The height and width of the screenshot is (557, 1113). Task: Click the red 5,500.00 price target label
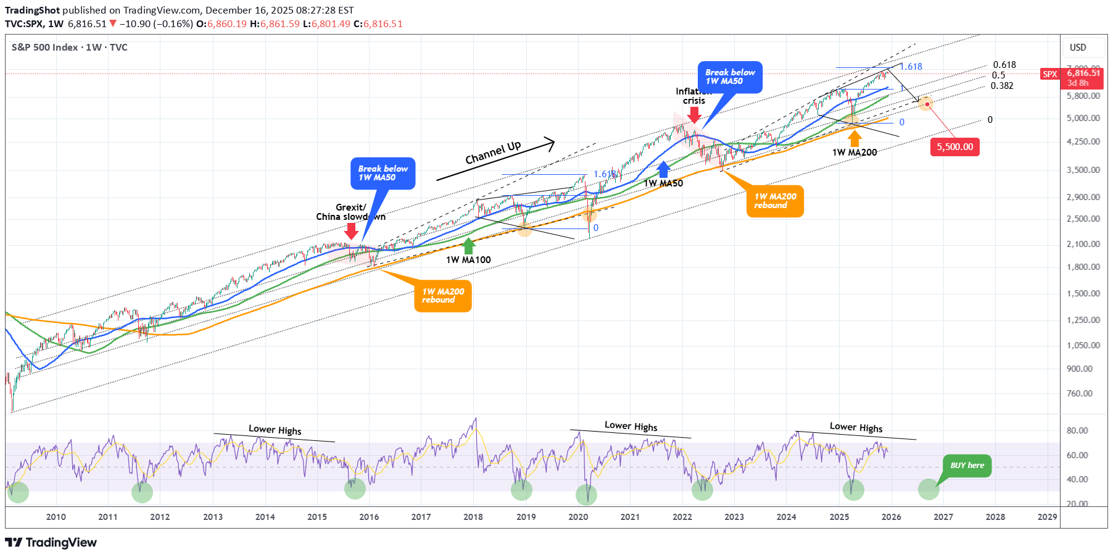(x=954, y=147)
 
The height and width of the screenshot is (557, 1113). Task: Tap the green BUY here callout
(x=967, y=466)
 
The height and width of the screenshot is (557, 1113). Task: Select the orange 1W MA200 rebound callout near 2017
(x=443, y=296)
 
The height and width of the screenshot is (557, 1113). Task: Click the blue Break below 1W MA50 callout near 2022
(x=730, y=77)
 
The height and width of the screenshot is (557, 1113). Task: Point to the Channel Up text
(x=493, y=153)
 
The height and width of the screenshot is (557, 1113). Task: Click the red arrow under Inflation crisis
(x=694, y=114)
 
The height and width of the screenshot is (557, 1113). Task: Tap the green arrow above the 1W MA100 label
(x=469, y=246)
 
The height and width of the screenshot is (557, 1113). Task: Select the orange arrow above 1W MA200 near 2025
(x=854, y=138)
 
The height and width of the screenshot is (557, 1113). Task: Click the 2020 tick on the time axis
(x=578, y=517)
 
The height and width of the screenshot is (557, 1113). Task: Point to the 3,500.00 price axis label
(x=1083, y=170)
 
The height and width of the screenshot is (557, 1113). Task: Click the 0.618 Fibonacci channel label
(x=1004, y=65)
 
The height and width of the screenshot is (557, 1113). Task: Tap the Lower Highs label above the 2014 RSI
(x=275, y=430)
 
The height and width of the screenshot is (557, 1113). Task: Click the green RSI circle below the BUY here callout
(x=929, y=489)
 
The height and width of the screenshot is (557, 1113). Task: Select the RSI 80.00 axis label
(x=1077, y=430)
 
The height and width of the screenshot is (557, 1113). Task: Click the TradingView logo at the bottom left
(x=51, y=542)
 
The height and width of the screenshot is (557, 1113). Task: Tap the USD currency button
(x=1078, y=48)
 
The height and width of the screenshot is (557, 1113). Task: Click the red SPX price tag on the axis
(x=1049, y=74)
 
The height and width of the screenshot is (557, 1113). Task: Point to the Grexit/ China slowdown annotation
(x=350, y=212)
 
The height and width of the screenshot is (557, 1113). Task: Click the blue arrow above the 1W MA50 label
(x=663, y=169)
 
